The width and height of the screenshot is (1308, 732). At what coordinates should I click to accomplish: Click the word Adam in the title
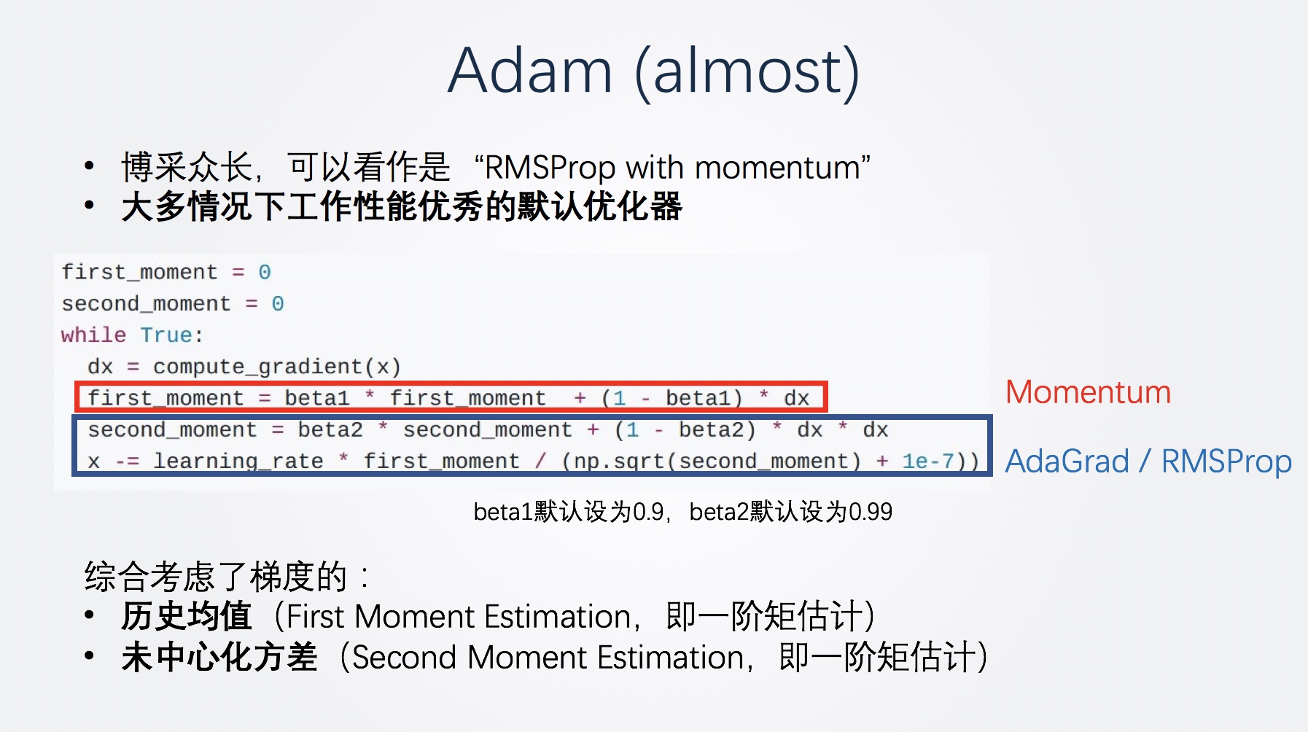tap(530, 71)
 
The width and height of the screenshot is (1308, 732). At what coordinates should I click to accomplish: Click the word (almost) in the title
tap(747, 72)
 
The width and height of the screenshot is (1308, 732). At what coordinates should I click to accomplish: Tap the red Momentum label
tap(1088, 392)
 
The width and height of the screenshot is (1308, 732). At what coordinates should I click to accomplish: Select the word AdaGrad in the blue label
tap(1067, 462)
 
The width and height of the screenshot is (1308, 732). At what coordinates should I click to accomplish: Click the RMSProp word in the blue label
tap(1226, 462)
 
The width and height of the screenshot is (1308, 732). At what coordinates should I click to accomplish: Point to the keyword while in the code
tap(93, 335)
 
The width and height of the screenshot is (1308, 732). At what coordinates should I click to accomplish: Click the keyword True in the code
tap(166, 335)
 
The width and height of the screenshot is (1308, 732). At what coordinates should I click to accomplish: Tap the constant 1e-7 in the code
tap(928, 461)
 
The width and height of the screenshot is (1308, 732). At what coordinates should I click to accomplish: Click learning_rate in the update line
tap(238, 461)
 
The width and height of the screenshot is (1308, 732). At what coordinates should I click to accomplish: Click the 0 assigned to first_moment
tap(265, 272)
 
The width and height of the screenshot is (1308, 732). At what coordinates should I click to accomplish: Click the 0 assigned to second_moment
tap(278, 303)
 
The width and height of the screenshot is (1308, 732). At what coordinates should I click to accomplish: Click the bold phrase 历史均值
tap(187, 616)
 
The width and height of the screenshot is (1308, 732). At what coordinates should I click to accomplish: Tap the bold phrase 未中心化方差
tap(219, 657)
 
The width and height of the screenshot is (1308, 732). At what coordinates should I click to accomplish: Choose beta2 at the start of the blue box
tap(330, 429)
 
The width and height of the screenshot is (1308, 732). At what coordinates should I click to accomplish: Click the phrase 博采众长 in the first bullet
tap(187, 167)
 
